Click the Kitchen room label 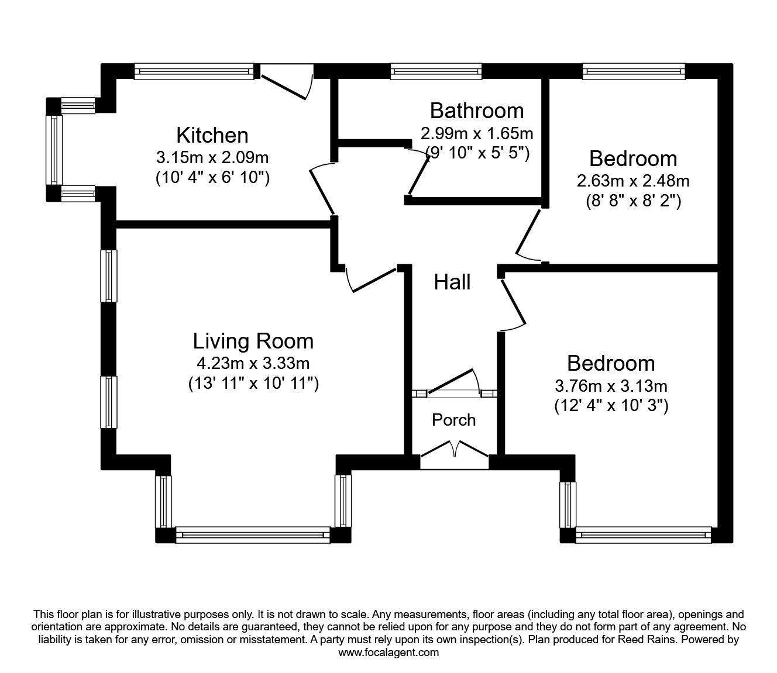(x=212, y=136)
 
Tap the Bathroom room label (x=477, y=111)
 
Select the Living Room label (x=253, y=341)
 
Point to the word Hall (x=452, y=282)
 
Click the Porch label (x=453, y=420)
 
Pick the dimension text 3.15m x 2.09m (x=212, y=157)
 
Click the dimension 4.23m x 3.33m (x=253, y=363)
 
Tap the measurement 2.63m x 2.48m (x=633, y=181)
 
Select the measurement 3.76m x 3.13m (x=611, y=386)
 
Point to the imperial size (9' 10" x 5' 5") (x=477, y=153)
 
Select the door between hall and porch (x=453, y=383)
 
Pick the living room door (x=372, y=280)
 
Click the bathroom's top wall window (x=436, y=72)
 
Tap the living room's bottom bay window (x=253, y=534)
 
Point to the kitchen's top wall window (x=195, y=72)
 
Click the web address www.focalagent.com (x=388, y=652)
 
